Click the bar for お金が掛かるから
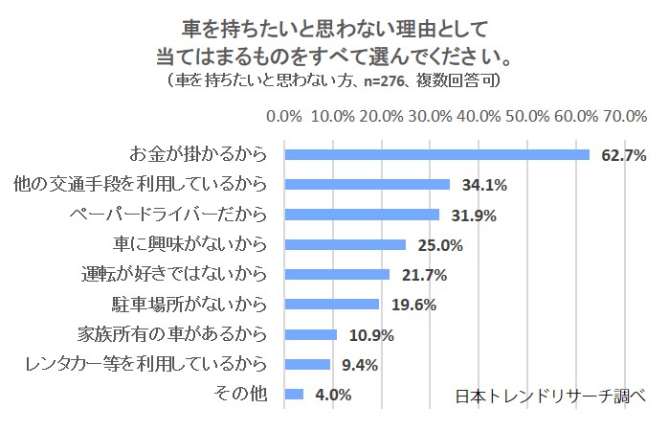436,154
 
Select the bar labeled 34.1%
368,184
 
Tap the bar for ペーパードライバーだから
362,215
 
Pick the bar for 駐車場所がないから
332,305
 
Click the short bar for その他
294,394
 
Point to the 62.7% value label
624,155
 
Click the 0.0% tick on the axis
284,116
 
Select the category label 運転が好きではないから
179,274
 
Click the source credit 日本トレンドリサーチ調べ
551,395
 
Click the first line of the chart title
333,21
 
